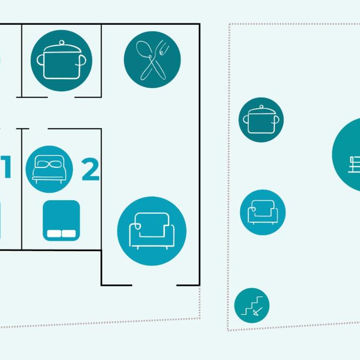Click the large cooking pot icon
coord(61,60)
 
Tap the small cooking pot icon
coord(261,120)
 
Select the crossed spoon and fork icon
coord(152,60)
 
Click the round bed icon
coord(49,169)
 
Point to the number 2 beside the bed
coord(90,169)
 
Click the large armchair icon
coord(152,231)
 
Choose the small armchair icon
coord(263,212)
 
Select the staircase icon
coord(252,306)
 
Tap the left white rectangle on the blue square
coord(54,233)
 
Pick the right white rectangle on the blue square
coord(68,233)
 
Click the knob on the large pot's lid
coord(61,43)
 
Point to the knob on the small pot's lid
coord(261,107)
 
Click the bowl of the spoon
coord(143,48)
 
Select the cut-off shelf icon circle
coord(346,154)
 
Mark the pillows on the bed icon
coord(49,164)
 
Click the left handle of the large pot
coord(40,60)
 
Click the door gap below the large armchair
coord(154,285)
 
